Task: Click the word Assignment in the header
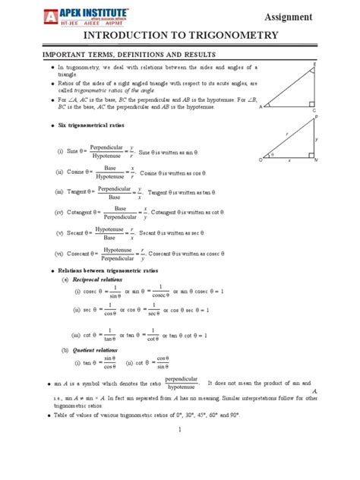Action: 311,16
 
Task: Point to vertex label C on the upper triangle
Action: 314,111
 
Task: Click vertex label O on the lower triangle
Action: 260,160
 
